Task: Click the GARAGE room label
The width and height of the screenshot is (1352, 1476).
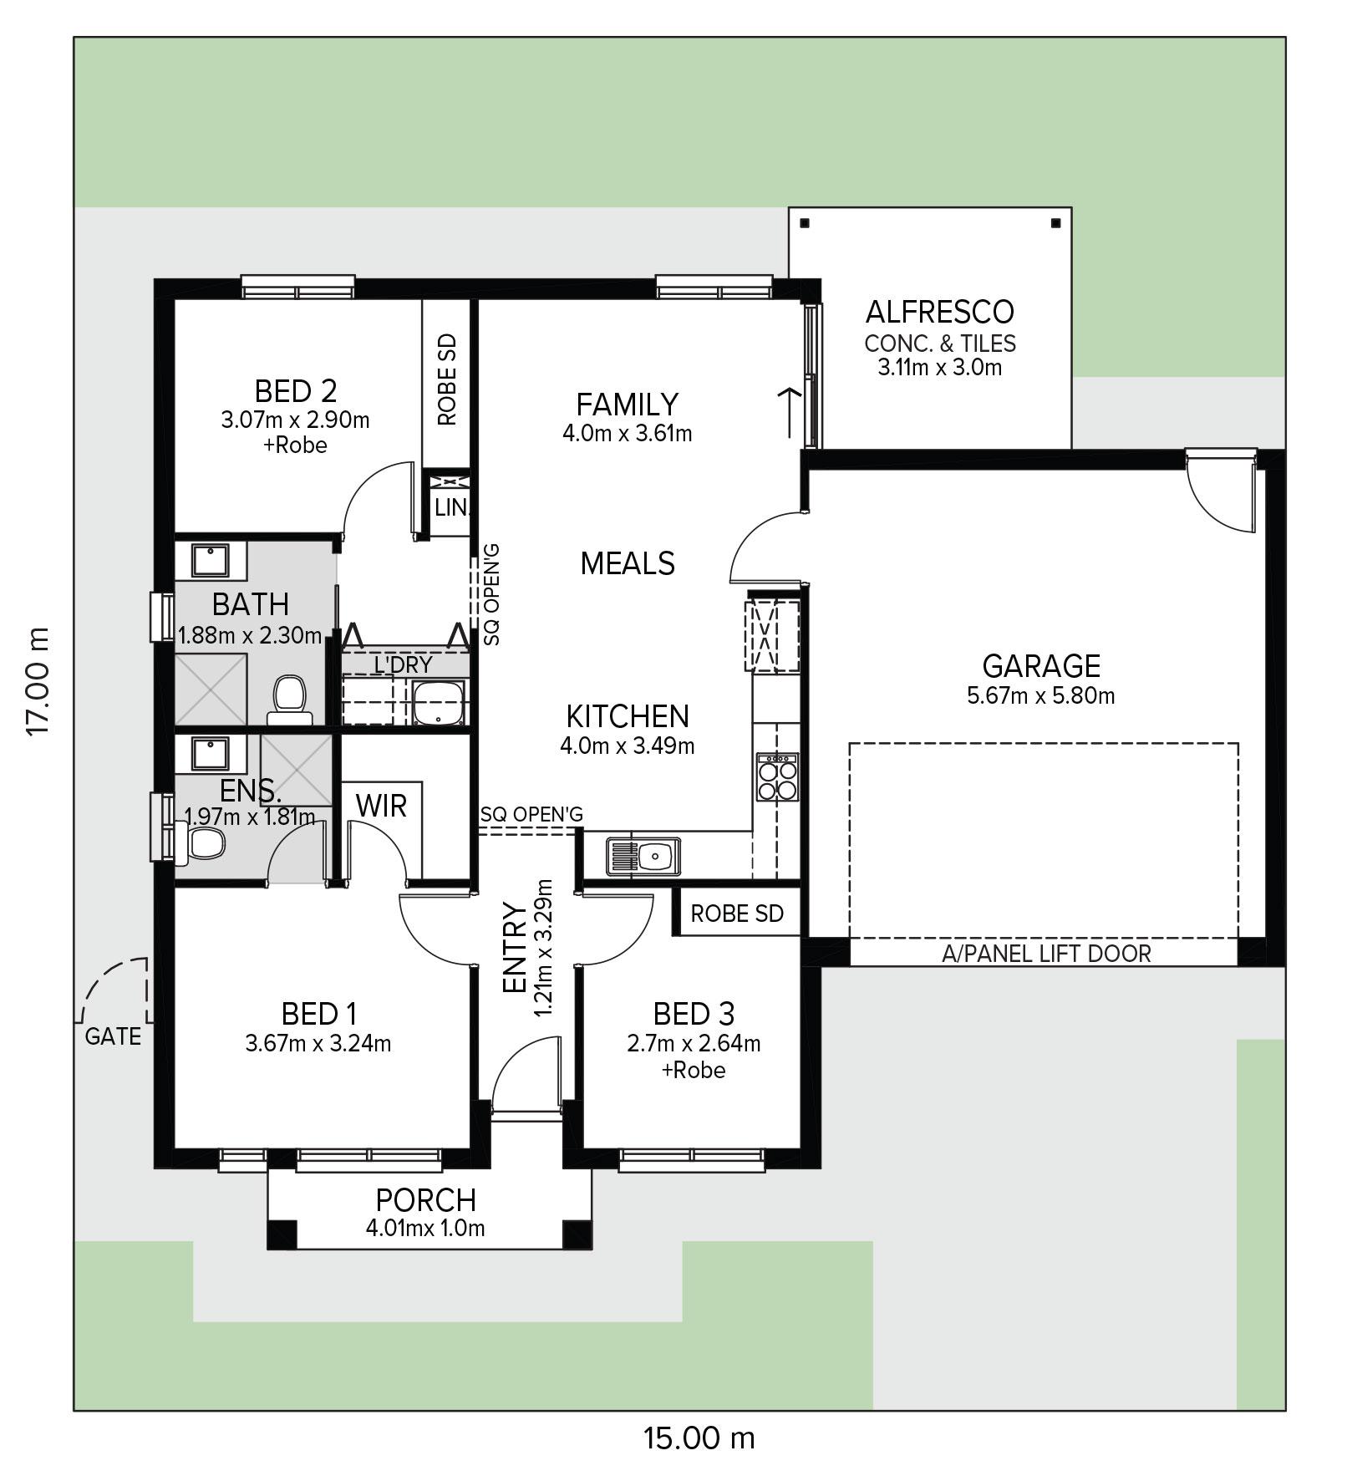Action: point(1040,666)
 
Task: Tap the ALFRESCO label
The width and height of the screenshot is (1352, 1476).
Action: point(939,312)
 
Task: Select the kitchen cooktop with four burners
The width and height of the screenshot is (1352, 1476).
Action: point(777,777)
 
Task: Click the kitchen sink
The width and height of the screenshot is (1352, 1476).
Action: point(644,855)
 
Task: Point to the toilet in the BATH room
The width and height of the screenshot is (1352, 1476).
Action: point(289,700)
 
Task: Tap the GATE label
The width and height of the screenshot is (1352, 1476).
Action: point(113,1037)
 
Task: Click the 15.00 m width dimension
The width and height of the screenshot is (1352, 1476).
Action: point(699,1438)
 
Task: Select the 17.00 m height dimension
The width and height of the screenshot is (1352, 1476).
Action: point(38,682)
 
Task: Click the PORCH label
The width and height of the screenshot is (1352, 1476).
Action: point(425,1200)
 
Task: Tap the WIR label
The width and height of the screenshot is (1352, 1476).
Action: point(381,807)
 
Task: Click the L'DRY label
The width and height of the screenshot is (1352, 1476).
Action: point(403,664)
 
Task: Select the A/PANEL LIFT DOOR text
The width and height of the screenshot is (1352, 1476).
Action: point(1046,954)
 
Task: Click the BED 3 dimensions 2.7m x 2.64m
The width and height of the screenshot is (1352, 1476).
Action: point(694,1043)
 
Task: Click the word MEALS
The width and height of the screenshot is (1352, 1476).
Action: point(628,564)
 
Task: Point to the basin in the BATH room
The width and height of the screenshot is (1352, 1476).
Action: point(211,559)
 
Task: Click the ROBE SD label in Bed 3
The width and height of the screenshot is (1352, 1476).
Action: point(737,914)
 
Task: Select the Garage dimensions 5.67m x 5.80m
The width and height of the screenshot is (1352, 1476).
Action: point(1040,695)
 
